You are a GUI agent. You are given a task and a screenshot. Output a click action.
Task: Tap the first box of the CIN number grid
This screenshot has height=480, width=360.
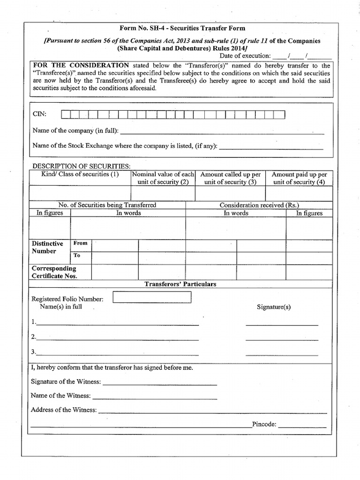(66, 114)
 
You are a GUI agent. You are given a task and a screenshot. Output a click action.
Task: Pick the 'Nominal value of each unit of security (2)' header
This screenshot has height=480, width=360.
(163, 178)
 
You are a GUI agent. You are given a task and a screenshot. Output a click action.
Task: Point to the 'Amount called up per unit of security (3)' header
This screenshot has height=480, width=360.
(230, 178)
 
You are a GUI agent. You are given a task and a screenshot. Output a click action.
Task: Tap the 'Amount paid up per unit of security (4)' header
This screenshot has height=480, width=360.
(299, 178)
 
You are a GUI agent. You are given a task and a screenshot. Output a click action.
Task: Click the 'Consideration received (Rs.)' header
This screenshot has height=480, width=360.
(259, 205)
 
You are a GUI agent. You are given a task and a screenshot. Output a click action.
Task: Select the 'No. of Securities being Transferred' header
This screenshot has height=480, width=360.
(107, 205)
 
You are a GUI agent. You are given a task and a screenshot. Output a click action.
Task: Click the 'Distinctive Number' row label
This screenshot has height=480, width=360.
(47, 247)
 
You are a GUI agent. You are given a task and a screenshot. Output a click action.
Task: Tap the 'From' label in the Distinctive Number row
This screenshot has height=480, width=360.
(81, 244)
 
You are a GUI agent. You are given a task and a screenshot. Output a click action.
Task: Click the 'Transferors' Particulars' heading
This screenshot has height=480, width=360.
(180, 284)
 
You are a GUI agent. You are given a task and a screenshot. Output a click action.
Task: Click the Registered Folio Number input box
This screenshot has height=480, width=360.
(152, 298)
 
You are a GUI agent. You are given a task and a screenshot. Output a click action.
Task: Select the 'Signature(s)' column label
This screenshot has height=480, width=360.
(274, 307)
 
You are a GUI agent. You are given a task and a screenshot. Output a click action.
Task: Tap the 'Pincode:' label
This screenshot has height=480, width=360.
(264, 425)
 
